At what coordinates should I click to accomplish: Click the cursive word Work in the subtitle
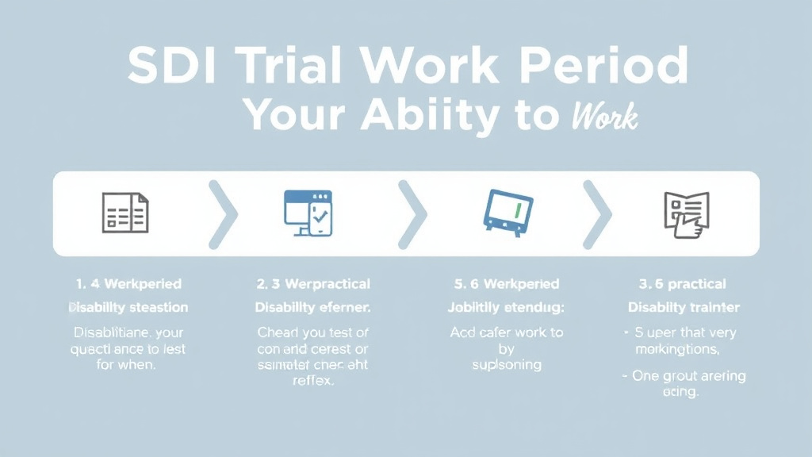[x=604, y=117]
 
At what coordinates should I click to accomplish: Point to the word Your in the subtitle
[x=294, y=115]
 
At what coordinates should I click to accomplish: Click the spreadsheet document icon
[x=125, y=213]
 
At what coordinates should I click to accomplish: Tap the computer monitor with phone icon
[x=308, y=213]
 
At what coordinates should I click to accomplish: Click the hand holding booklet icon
[x=686, y=213]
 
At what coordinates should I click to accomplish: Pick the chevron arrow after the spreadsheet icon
[x=223, y=213]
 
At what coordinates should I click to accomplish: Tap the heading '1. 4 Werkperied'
[x=128, y=284]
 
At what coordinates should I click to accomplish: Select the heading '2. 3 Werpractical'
[x=313, y=284]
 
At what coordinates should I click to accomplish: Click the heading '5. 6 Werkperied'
[x=506, y=284]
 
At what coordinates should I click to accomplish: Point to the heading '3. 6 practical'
[x=683, y=284]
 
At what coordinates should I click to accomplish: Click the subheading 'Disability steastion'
[x=128, y=307]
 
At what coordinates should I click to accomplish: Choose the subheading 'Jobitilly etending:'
[x=506, y=307]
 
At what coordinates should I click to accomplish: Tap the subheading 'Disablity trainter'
[x=684, y=307]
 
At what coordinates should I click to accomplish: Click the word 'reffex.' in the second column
[x=313, y=381]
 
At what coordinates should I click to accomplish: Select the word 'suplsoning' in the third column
[x=506, y=365]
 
